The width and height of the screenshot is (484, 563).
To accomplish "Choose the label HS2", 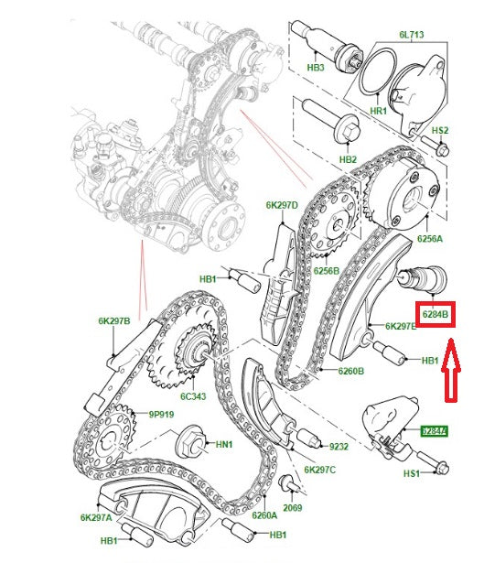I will [440, 132].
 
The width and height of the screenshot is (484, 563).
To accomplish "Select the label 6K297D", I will [283, 205].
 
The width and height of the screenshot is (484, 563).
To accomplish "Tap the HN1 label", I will [225, 445].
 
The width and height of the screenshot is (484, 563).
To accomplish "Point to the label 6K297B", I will [114, 321].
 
